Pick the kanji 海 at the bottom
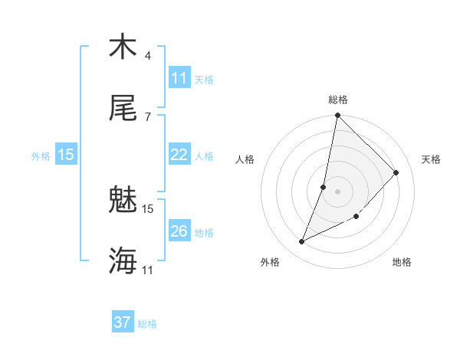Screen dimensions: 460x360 pos(123,261)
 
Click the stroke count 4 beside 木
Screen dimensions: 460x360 pos(148,56)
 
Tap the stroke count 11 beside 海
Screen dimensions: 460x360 pos(148,270)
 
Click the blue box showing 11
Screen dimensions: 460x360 pos(179,78)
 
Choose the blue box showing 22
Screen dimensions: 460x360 pos(179,155)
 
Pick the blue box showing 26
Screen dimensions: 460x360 pos(179,231)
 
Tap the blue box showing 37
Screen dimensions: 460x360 pos(123,322)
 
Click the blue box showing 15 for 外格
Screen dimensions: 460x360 pos(66,155)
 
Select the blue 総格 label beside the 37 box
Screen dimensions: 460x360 pos(147,324)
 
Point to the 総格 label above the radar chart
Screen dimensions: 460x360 pos(338,100)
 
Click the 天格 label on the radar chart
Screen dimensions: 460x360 pos(432,159)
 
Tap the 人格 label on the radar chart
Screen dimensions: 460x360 pos(245,159)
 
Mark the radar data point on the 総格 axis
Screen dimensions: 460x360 pos(337,116)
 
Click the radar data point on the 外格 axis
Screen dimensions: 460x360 pos(302,242)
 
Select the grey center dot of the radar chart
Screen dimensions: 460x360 pos(337,191)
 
